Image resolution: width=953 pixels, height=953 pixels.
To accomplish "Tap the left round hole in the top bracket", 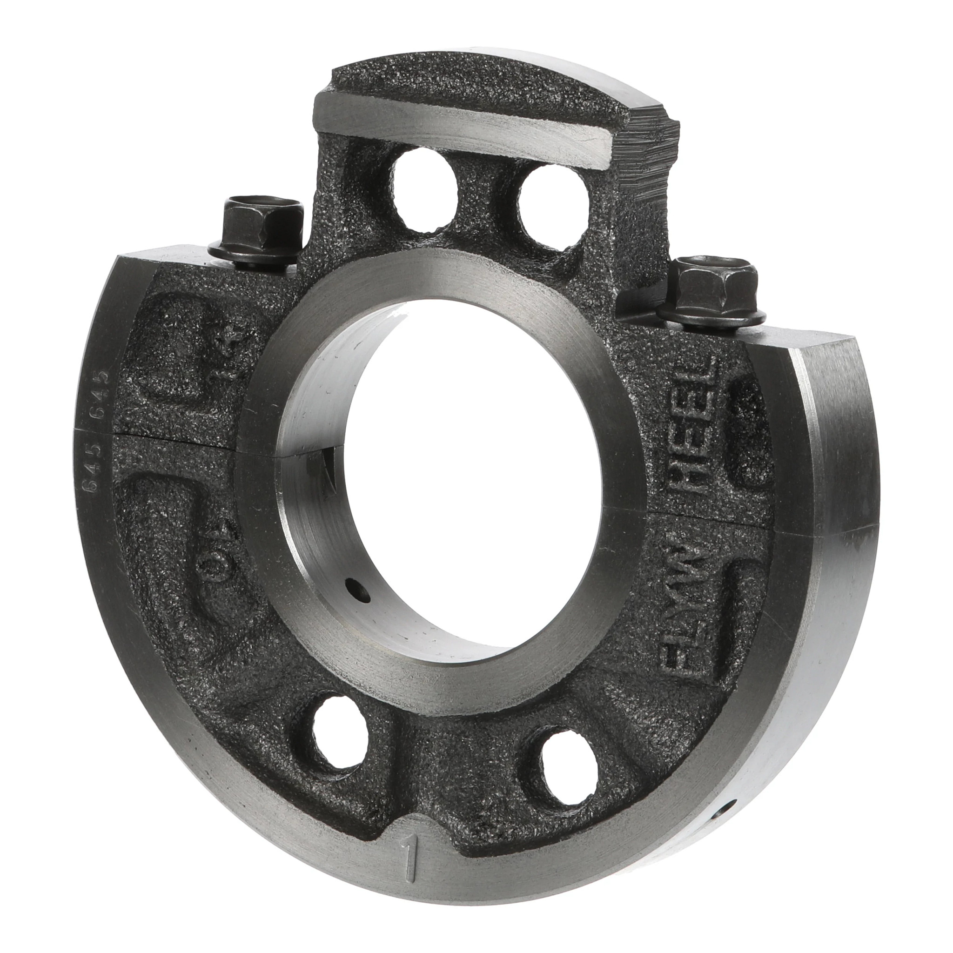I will pyautogui.click(x=425, y=190).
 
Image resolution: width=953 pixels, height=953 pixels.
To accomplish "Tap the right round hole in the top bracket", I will pyautogui.click(x=552, y=207).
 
